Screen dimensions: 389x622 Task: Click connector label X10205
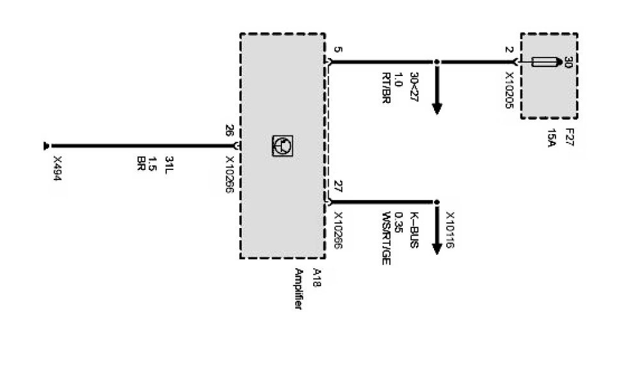coord(509,89)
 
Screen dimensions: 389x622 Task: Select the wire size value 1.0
coord(400,80)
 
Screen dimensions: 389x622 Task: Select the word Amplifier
coord(298,289)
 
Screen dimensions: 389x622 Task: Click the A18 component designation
coord(315,278)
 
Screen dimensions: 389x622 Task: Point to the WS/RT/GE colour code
coord(386,239)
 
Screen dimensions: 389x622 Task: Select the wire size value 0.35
coord(400,220)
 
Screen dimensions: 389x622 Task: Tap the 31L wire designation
coord(169,164)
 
